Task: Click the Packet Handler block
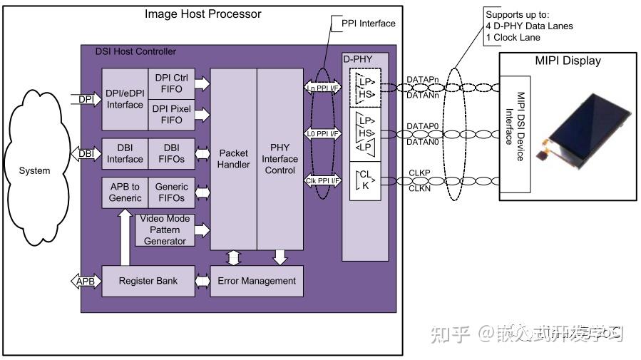click(233, 158)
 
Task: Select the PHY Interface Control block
click(280, 158)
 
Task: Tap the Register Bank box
click(147, 281)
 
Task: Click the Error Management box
click(257, 281)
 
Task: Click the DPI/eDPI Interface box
click(125, 99)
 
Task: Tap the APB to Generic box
click(125, 192)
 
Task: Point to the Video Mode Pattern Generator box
click(165, 230)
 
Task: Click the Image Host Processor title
click(202, 14)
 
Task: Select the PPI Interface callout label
click(368, 24)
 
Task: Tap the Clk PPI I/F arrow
click(322, 180)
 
